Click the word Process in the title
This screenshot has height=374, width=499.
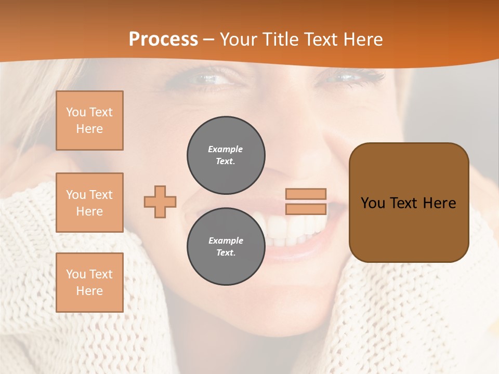pos(163,39)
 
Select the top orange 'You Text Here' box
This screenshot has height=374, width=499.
pos(89,121)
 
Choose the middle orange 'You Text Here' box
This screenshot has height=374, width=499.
pos(89,203)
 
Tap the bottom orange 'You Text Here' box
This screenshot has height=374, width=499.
pos(89,283)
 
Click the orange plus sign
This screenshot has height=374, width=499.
pos(160,202)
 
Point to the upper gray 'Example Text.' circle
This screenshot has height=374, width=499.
pos(226,155)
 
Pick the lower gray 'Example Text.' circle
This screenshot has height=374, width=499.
pos(226,247)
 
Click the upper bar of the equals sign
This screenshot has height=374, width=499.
pos(306,194)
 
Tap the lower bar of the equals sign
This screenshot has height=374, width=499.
pos(306,209)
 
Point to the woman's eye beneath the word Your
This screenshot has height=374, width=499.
pos(211,79)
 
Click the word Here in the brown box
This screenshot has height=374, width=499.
pos(439,203)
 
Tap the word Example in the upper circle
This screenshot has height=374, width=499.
pos(226,149)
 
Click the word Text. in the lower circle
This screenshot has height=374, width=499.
pos(226,253)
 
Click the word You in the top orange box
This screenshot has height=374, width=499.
pos(76,112)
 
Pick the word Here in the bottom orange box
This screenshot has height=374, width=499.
pos(89,291)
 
